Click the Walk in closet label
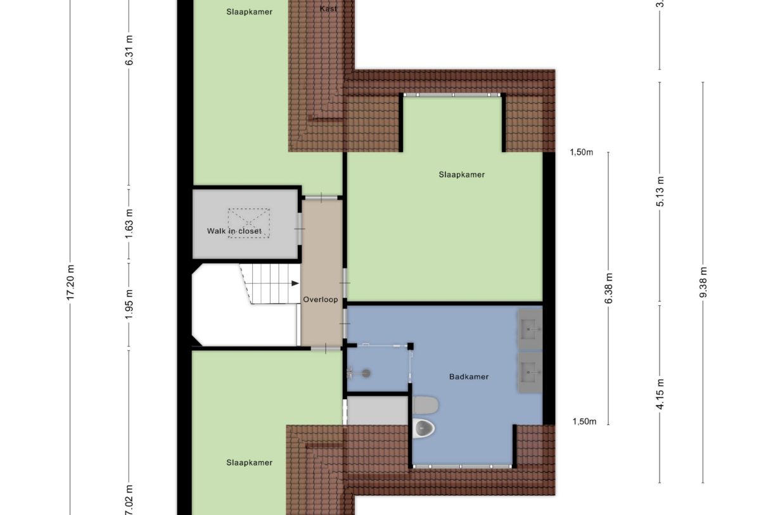(x=234, y=231)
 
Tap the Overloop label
(x=320, y=300)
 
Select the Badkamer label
(x=469, y=376)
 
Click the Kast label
(x=329, y=9)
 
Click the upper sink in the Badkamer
(x=530, y=329)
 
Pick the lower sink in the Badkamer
(x=530, y=372)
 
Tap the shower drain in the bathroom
(x=366, y=374)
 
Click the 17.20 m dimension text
(x=70, y=283)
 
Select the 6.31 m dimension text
(x=129, y=54)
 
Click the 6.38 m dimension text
(x=609, y=288)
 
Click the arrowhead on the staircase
(x=295, y=284)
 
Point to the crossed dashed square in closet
(x=249, y=223)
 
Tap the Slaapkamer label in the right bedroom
(x=461, y=174)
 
